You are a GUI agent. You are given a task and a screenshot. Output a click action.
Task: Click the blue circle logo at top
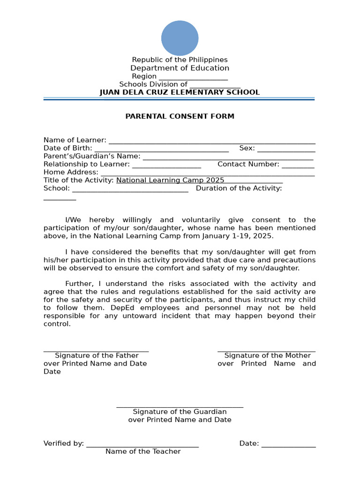coord(180,38)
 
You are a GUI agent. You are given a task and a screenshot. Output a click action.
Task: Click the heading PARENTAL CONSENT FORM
coord(180,116)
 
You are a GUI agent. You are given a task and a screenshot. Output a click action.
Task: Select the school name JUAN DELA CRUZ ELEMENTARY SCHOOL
coord(180,92)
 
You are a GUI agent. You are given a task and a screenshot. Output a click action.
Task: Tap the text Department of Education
coord(180,68)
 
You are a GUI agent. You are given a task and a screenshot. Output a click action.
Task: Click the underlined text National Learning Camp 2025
coord(170,180)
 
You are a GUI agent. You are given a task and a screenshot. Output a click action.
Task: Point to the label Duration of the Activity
coord(239,188)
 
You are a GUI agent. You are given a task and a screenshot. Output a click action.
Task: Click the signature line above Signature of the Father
coord(96,351)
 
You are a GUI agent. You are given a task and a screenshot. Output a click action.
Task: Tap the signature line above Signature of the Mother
coord(266,351)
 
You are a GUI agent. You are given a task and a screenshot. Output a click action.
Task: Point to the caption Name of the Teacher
coord(143,451)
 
